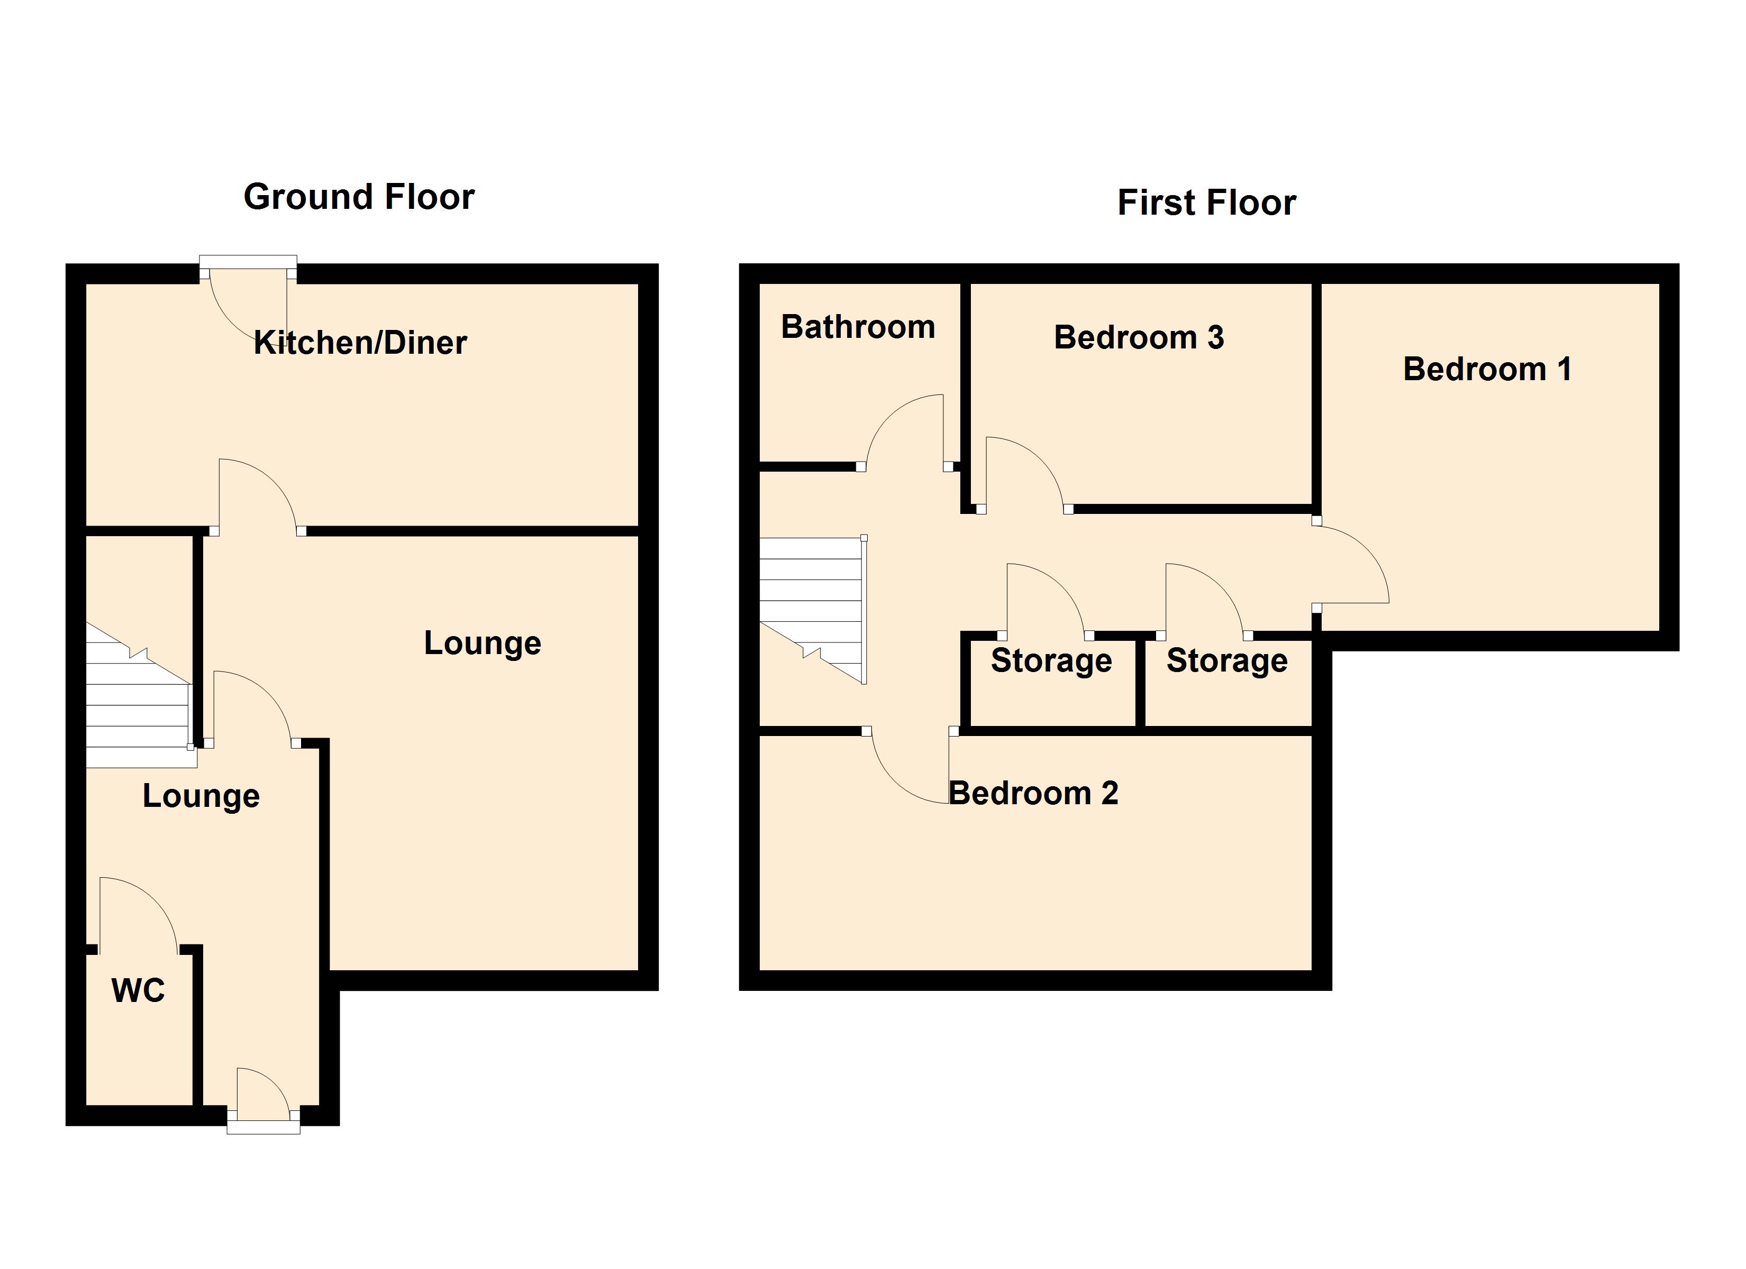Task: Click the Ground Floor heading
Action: click(x=359, y=197)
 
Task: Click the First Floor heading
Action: click(x=1206, y=203)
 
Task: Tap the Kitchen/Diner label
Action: click(x=360, y=343)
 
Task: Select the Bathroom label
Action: click(x=858, y=327)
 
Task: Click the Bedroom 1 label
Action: click(x=1487, y=370)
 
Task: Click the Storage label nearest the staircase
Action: click(x=1051, y=661)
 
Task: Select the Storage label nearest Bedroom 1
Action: click(x=1226, y=661)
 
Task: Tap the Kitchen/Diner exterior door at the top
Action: click(x=248, y=304)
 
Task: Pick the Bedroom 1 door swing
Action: click(x=1351, y=566)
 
